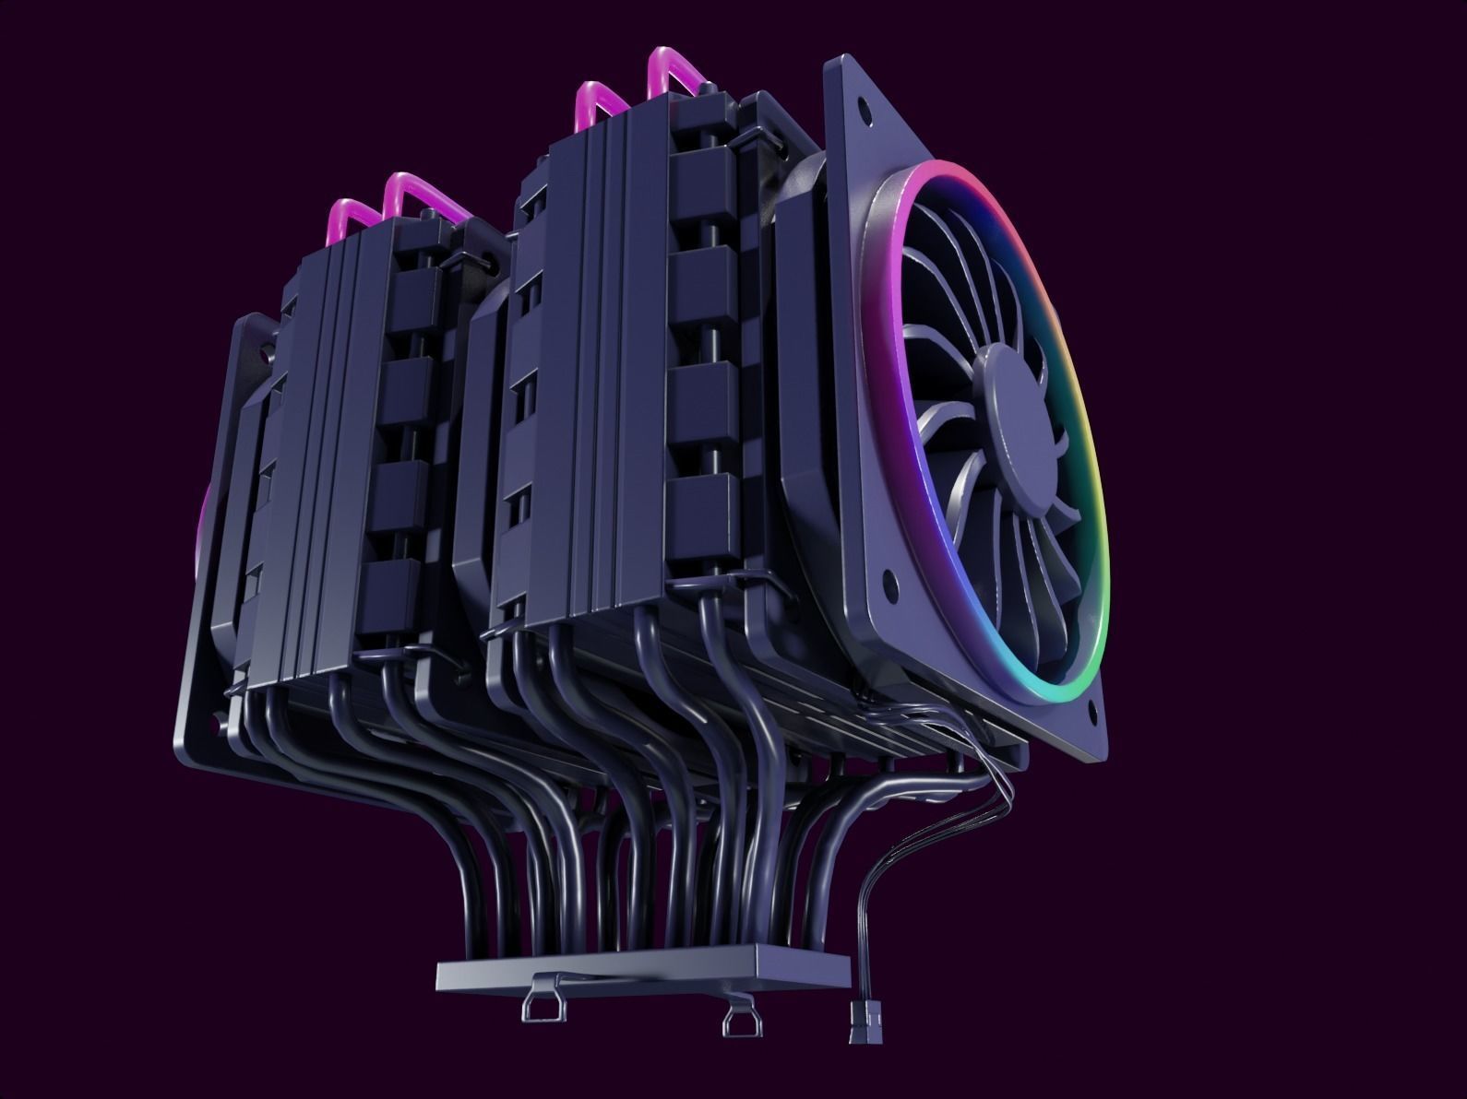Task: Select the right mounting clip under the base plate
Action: pyautogui.click(x=741, y=1018)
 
